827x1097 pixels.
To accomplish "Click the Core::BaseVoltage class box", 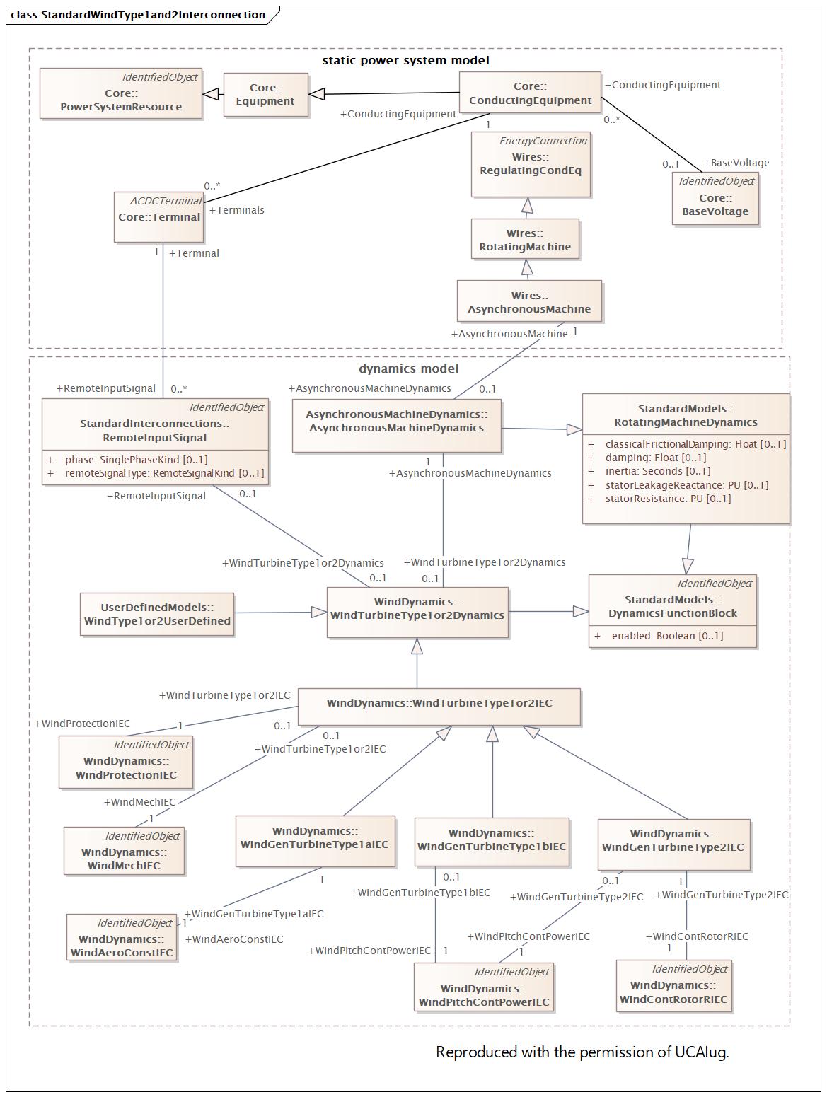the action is (715, 199).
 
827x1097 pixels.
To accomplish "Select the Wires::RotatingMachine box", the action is (525, 239).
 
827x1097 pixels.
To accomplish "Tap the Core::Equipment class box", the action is (265, 95).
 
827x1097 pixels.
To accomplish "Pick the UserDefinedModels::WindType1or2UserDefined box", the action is (157, 614).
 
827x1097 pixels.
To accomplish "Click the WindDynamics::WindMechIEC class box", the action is (124, 851).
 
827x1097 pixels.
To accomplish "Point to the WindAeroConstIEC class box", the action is (122, 937).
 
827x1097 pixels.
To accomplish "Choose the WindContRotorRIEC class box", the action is (673, 985).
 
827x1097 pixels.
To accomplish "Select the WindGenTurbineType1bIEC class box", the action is (492, 842).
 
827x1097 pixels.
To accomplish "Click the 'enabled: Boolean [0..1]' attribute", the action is (667, 636).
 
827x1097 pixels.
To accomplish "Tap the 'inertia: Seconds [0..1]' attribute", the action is (658, 471).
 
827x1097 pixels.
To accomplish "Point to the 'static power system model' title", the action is (405, 60).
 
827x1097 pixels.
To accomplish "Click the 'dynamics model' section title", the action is (408, 368).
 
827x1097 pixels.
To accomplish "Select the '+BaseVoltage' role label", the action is (736, 163).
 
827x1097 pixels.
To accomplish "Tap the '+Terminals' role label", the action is (236, 210).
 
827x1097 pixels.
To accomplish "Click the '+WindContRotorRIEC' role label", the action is (697, 936).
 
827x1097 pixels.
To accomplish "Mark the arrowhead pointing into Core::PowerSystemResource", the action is (210, 94).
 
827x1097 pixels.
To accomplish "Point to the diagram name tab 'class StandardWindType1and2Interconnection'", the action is (138, 15).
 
